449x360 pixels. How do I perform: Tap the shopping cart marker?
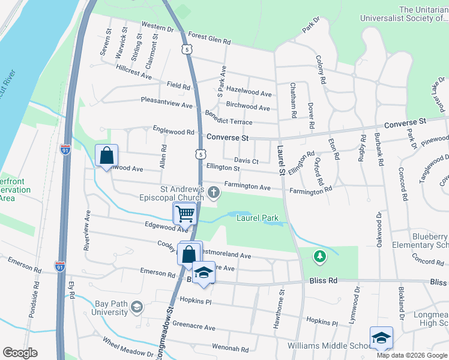[x=185, y=213]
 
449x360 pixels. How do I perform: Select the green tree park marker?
[x=321, y=256]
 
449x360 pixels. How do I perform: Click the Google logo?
[x=20, y=353]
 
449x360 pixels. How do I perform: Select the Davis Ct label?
[x=246, y=161]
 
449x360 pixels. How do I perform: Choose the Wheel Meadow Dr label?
[x=128, y=349]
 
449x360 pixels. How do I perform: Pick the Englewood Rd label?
[x=173, y=131]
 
